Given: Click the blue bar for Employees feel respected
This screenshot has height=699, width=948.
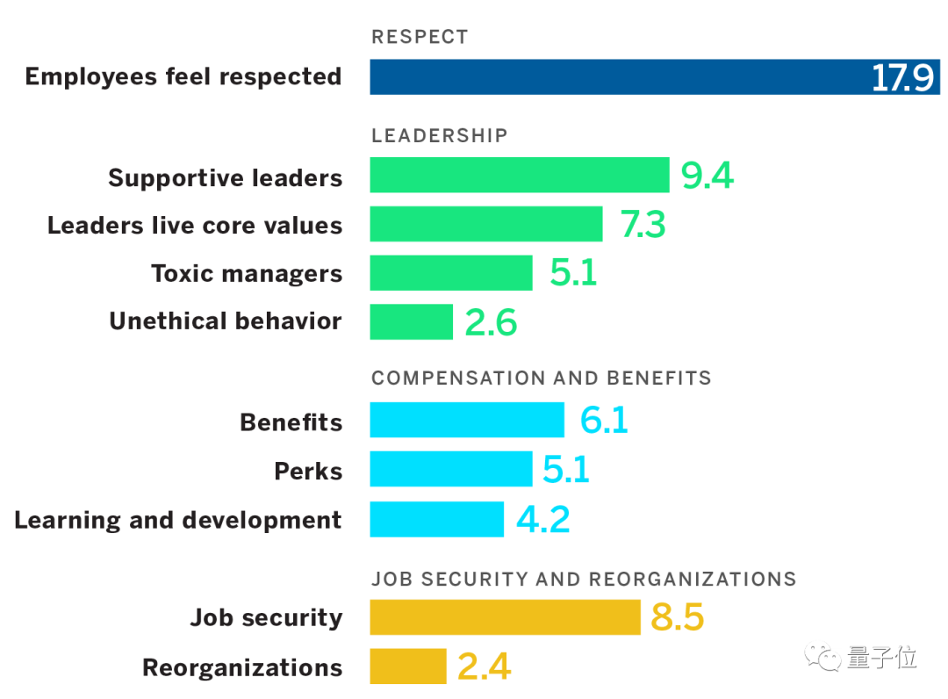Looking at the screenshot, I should [614, 77].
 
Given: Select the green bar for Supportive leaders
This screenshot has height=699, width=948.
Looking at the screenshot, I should [519, 175].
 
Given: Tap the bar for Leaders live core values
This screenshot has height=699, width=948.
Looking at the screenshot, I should [485, 225].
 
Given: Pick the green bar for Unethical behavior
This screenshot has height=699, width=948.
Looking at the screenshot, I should [411, 322].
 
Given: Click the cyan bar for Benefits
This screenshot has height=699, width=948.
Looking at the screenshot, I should [466, 420].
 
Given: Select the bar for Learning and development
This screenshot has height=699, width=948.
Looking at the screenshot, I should [436, 519].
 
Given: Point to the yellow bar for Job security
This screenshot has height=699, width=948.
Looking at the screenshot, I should [505, 617].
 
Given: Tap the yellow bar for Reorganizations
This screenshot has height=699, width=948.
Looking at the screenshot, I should [408, 667].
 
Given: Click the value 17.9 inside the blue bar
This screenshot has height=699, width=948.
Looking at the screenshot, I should [901, 78].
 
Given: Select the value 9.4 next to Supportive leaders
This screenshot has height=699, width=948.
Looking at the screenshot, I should [707, 176].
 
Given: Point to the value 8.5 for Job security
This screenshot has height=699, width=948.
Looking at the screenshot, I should [677, 617].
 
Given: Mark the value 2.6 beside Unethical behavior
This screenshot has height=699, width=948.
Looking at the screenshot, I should [491, 323].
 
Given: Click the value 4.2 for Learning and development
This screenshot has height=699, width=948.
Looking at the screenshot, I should [542, 519].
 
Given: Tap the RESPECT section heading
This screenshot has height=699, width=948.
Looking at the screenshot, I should [420, 37].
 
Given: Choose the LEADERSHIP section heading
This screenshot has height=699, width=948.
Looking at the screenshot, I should [439, 135].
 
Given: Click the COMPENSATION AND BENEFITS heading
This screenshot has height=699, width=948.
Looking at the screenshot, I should [541, 378].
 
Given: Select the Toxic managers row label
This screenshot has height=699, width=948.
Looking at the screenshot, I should [247, 273].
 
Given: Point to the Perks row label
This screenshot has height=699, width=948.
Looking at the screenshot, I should [308, 471].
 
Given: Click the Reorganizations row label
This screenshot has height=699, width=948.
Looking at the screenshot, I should [242, 667].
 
